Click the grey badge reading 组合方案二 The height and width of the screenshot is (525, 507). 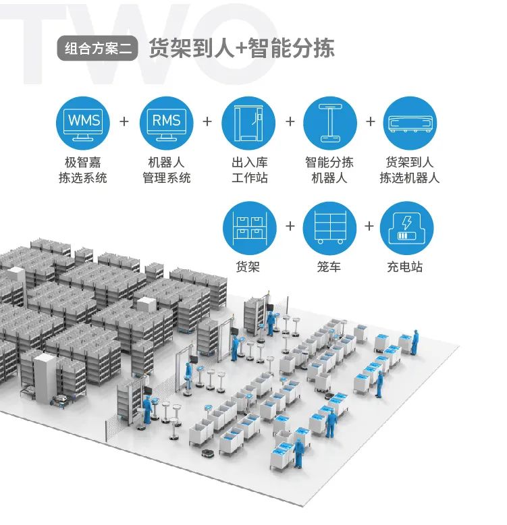98,49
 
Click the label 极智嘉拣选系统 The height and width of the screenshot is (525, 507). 83,170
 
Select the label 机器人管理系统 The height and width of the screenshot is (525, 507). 166,170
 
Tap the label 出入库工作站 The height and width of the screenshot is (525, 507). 249,170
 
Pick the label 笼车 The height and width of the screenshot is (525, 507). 329,267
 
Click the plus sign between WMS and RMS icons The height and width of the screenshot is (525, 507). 124,121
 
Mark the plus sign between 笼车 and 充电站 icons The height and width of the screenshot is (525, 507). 369,225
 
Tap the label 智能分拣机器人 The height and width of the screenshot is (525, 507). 329,170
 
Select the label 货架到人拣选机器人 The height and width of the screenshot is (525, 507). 410,170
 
